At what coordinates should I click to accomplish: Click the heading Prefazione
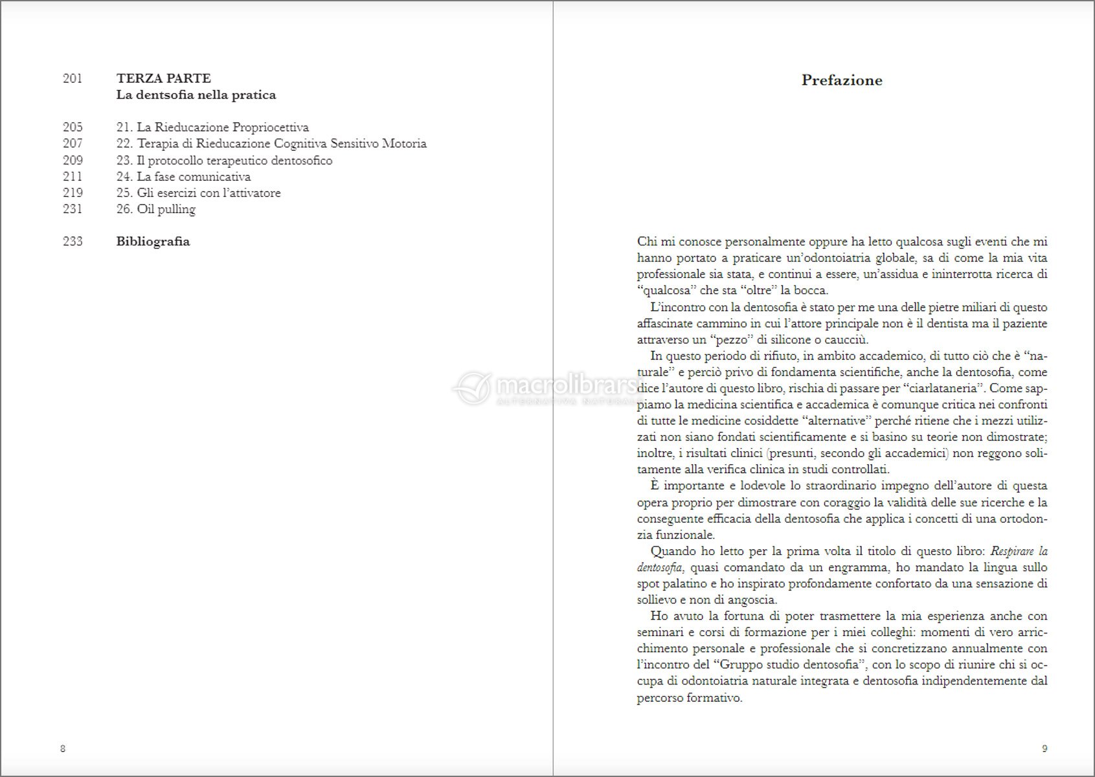point(842,80)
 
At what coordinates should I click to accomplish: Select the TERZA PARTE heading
point(163,78)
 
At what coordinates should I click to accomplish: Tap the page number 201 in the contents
point(73,78)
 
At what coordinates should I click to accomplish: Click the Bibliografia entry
point(153,242)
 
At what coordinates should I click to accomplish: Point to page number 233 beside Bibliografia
point(73,242)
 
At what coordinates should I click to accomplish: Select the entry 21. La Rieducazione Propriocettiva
point(212,128)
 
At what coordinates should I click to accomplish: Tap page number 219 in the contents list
point(73,193)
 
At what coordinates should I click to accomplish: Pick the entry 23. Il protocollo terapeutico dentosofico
point(224,161)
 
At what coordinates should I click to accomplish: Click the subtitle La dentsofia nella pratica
point(196,95)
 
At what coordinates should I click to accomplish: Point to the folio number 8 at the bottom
point(63,749)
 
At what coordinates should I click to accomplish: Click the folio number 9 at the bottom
point(1044,749)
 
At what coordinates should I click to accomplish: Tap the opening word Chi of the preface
point(647,242)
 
